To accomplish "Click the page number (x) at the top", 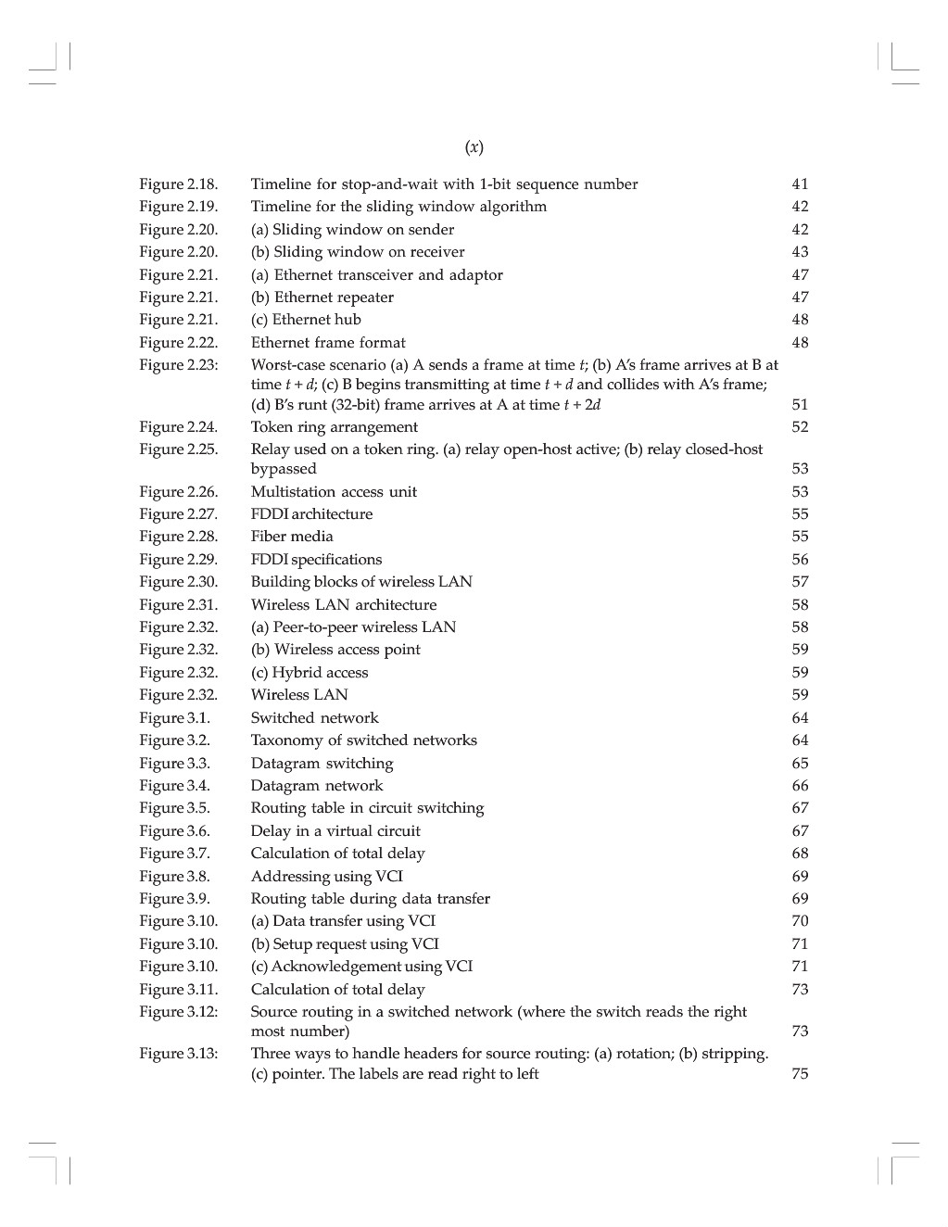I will [x=474, y=147].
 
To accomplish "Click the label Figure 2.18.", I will [x=179, y=184].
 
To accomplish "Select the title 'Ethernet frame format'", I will [x=328, y=343].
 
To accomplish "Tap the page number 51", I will [x=800, y=405].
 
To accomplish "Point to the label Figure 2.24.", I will [x=179, y=427].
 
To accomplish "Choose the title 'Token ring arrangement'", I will [x=334, y=427].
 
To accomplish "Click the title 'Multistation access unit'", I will [x=334, y=492].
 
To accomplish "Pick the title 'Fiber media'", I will [x=292, y=537].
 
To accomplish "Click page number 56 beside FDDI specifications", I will [x=800, y=560].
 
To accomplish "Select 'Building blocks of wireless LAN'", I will [x=361, y=582].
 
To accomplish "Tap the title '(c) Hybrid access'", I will [x=310, y=673].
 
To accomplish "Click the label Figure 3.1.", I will [x=175, y=718].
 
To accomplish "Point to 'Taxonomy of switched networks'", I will [x=363, y=740].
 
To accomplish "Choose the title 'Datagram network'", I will [x=316, y=786].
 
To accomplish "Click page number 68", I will [x=800, y=854].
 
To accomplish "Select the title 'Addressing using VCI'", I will [x=326, y=877].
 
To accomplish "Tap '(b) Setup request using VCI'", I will [x=345, y=944].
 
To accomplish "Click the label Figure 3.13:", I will [x=179, y=1054].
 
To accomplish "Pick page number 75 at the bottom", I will [x=800, y=1074].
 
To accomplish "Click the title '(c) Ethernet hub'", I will [x=306, y=320].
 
